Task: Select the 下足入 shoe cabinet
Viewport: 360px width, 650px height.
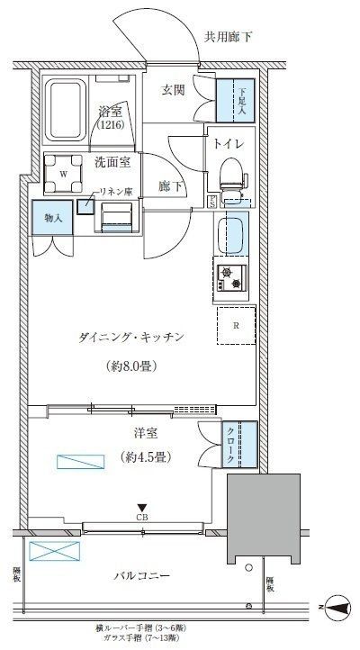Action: click(238, 98)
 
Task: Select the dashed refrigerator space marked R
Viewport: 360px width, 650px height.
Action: click(236, 326)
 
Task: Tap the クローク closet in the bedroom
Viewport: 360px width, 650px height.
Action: click(238, 445)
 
